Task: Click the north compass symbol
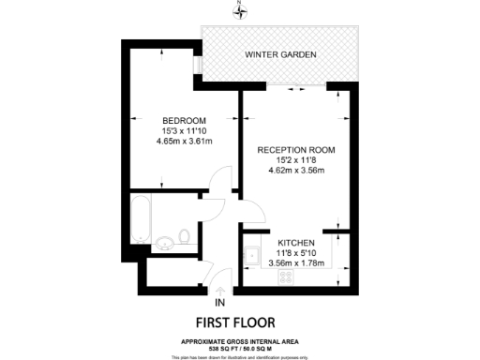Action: pos(241,11)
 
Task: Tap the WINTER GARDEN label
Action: pos(281,54)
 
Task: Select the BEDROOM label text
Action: pos(184,120)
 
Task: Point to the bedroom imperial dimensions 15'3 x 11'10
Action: pos(184,130)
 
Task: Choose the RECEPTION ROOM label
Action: pos(296,150)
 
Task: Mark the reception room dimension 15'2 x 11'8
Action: pos(296,160)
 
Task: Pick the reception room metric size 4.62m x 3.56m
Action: pos(296,171)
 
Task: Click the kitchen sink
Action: pos(251,253)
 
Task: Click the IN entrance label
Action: pos(219,304)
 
